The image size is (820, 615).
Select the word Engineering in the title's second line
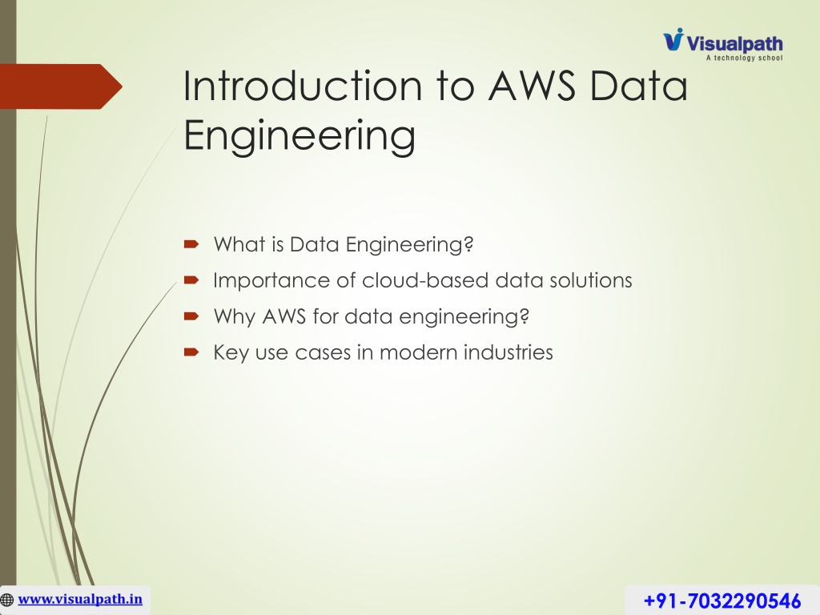299,135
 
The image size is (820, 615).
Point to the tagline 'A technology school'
744,58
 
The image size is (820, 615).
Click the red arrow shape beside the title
61,86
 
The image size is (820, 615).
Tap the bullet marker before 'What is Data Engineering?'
191,243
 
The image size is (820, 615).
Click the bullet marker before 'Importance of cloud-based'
191,280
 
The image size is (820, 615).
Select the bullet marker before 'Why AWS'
191,316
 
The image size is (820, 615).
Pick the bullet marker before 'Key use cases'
191,352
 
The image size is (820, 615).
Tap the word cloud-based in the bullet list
425,280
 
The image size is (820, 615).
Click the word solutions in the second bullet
590,280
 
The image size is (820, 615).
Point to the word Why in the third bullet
235,317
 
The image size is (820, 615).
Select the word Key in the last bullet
231,353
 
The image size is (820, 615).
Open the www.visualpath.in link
80,599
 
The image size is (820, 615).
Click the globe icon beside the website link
6,600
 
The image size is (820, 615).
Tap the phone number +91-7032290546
722,601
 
